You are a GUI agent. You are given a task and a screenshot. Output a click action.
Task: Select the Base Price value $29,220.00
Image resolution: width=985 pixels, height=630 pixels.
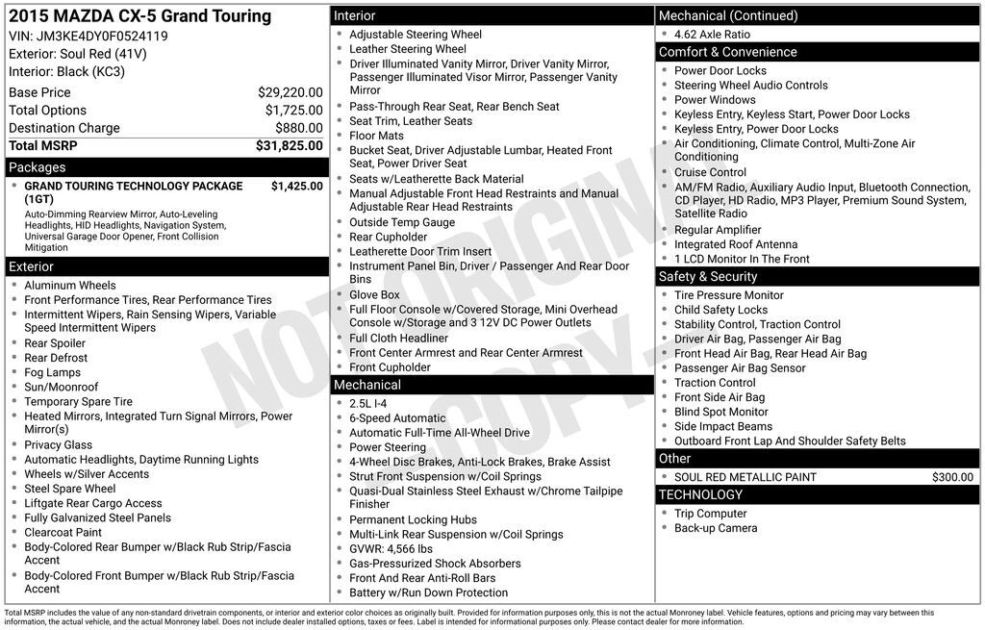pyautogui.click(x=290, y=92)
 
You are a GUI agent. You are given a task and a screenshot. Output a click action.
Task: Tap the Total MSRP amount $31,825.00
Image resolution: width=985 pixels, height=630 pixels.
pyautogui.click(x=289, y=145)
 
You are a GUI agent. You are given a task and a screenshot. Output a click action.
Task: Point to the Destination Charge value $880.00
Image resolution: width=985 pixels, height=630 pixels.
pyautogui.click(x=298, y=128)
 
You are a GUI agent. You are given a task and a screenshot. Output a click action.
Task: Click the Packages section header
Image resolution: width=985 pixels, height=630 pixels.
pyautogui.click(x=38, y=166)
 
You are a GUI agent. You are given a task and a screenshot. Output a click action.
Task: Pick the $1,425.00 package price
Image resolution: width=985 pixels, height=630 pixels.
pyautogui.click(x=296, y=186)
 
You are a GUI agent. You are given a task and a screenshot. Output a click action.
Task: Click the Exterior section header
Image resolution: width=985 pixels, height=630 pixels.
pyautogui.click(x=32, y=266)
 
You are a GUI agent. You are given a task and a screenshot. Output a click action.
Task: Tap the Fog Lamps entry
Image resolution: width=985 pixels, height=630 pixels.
pyautogui.click(x=52, y=372)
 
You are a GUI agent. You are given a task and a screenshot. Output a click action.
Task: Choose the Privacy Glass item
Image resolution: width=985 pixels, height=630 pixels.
pyautogui.click(x=58, y=444)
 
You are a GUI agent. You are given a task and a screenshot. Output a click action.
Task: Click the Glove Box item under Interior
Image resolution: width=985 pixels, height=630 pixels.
pyautogui.click(x=374, y=294)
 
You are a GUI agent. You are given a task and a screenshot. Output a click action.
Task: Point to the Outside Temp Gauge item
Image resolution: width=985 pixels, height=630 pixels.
pyautogui.click(x=402, y=222)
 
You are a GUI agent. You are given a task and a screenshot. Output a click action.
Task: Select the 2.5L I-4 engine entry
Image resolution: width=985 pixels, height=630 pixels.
pyautogui.click(x=367, y=404)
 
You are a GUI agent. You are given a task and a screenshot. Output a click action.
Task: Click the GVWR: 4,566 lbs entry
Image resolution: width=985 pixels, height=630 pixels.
pyautogui.click(x=391, y=548)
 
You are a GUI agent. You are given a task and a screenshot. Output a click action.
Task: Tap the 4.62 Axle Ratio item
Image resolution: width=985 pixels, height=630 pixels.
pyautogui.click(x=712, y=34)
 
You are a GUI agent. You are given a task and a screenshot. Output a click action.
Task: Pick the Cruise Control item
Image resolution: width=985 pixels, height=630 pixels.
pyautogui.click(x=710, y=172)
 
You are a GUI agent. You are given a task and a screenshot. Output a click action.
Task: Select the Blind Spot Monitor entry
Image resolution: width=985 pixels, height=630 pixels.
pyautogui.click(x=720, y=412)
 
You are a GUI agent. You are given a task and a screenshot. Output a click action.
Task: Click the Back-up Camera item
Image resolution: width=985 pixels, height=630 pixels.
pyautogui.click(x=716, y=528)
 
